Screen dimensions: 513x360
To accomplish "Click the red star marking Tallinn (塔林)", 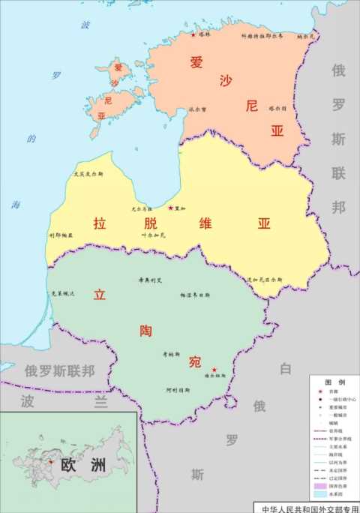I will pos(193,34).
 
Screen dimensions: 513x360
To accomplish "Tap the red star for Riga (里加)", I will pos(171,208).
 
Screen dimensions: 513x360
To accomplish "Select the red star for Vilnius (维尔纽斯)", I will pos(215,370).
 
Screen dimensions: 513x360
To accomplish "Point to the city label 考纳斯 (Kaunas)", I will pos(172,354).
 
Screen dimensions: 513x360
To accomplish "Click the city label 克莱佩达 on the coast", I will pos(62,293).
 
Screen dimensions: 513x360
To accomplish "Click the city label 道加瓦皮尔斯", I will pos(265,279).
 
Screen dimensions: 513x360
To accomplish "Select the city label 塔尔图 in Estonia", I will pos(278,108).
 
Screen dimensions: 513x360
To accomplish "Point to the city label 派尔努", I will pos(198,108).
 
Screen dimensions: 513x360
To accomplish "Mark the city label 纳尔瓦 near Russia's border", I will pos(306,35).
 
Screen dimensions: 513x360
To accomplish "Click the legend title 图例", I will pos(334,382).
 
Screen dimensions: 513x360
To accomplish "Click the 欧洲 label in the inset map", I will pos(84,464).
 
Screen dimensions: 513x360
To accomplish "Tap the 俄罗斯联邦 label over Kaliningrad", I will pos(59,370).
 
